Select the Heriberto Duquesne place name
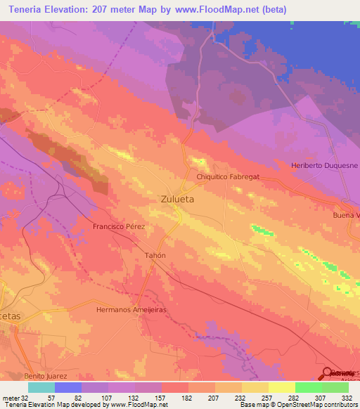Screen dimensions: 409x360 tap(324, 166)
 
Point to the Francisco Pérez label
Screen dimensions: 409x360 tap(120, 228)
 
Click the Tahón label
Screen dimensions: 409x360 tap(155, 255)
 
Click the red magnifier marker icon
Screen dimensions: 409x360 tap(327, 373)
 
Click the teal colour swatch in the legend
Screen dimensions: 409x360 tap(41, 387)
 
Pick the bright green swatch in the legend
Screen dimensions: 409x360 tap(308, 387)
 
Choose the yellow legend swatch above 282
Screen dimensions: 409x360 tap(281, 387)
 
